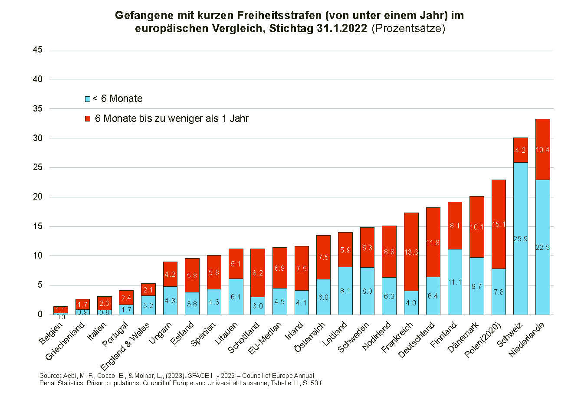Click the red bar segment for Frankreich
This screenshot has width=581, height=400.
411,234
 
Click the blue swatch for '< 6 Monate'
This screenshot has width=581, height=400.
88,99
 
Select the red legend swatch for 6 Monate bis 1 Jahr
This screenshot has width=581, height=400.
88,119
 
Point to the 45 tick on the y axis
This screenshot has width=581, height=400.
38,50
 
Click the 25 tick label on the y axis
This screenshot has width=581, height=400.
38,167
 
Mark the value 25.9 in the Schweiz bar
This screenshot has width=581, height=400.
521,239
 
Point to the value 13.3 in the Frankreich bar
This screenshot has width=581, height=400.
411,252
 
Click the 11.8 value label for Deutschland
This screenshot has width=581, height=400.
433,243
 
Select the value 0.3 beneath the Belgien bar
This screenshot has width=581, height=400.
60,317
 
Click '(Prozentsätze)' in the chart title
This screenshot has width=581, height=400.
408,29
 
